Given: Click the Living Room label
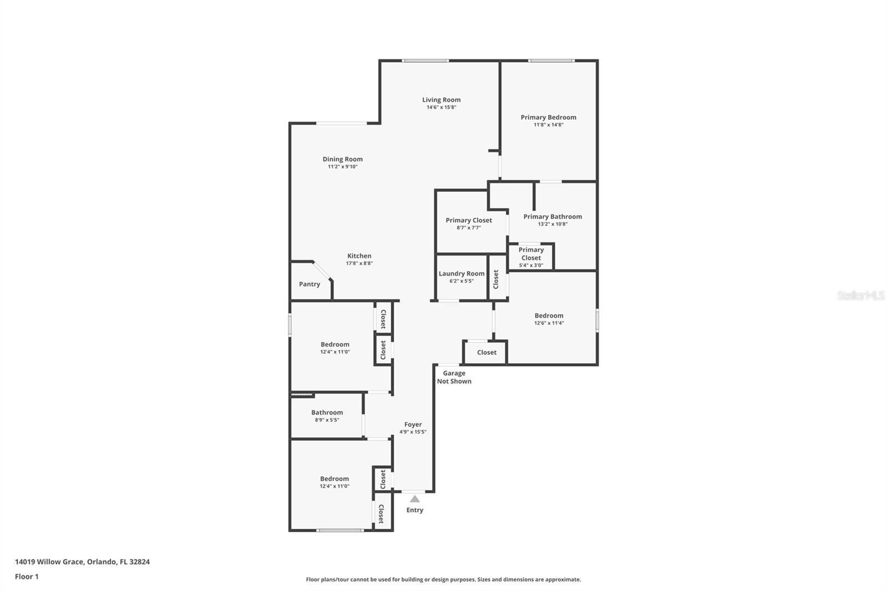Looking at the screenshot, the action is tap(441, 100).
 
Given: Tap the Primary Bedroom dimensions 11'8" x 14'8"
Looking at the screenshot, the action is tap(548, 125).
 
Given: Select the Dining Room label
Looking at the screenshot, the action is tap(343, 159).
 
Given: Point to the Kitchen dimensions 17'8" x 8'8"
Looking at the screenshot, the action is tap(359, 263).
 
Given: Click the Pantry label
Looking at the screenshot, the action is tap(310, 284).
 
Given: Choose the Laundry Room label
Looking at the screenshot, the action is tap(461, 274).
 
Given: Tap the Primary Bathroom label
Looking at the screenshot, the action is tap(552, 217).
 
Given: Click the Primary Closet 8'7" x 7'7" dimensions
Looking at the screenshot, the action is tap(469, 228).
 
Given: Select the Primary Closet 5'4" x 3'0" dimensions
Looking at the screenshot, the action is tap(531, 266).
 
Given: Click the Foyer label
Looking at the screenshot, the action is tap(413, 425).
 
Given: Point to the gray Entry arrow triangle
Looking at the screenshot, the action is tap(415, 499).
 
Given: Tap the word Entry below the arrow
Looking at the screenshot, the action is tap(415, 510).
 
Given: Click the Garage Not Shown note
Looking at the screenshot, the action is tap(454, 377).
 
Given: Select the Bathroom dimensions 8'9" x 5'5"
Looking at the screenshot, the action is tap(327, 420).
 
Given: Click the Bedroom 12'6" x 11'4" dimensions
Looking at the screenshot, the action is tap(549, 323).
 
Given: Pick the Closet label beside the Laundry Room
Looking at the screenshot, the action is tap(496, 279).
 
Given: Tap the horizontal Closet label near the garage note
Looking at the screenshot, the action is tap(487, 353).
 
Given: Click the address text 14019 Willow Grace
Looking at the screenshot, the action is tap(49, 562).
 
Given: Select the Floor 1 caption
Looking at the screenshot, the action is tap(27, 577).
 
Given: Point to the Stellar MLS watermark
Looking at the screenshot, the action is tap(861, 295).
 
